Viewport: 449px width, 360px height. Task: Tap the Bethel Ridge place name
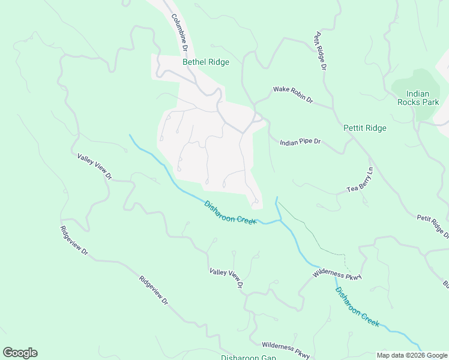(206, 62)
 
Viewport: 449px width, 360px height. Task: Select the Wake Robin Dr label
(294, 94)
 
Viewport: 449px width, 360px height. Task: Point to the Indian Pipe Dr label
(301, 142)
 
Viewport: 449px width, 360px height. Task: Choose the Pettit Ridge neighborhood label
(364, 128)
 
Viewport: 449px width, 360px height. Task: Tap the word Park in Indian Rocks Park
(430, 102)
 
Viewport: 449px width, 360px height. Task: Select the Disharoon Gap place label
(248, 358)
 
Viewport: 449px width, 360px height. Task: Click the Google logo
(20, 353)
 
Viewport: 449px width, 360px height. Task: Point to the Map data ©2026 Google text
(412, 355)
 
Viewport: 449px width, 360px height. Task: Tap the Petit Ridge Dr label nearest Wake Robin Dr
(318, 51)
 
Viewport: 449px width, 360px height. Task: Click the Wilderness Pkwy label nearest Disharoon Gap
(286, 351)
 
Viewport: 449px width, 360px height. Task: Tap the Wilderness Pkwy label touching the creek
(337, 275)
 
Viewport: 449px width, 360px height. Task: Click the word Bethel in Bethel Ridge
(194, 62)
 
